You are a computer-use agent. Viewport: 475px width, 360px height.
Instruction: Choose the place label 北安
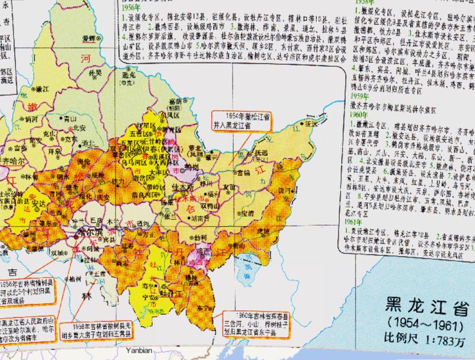click(x=78, y=128)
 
